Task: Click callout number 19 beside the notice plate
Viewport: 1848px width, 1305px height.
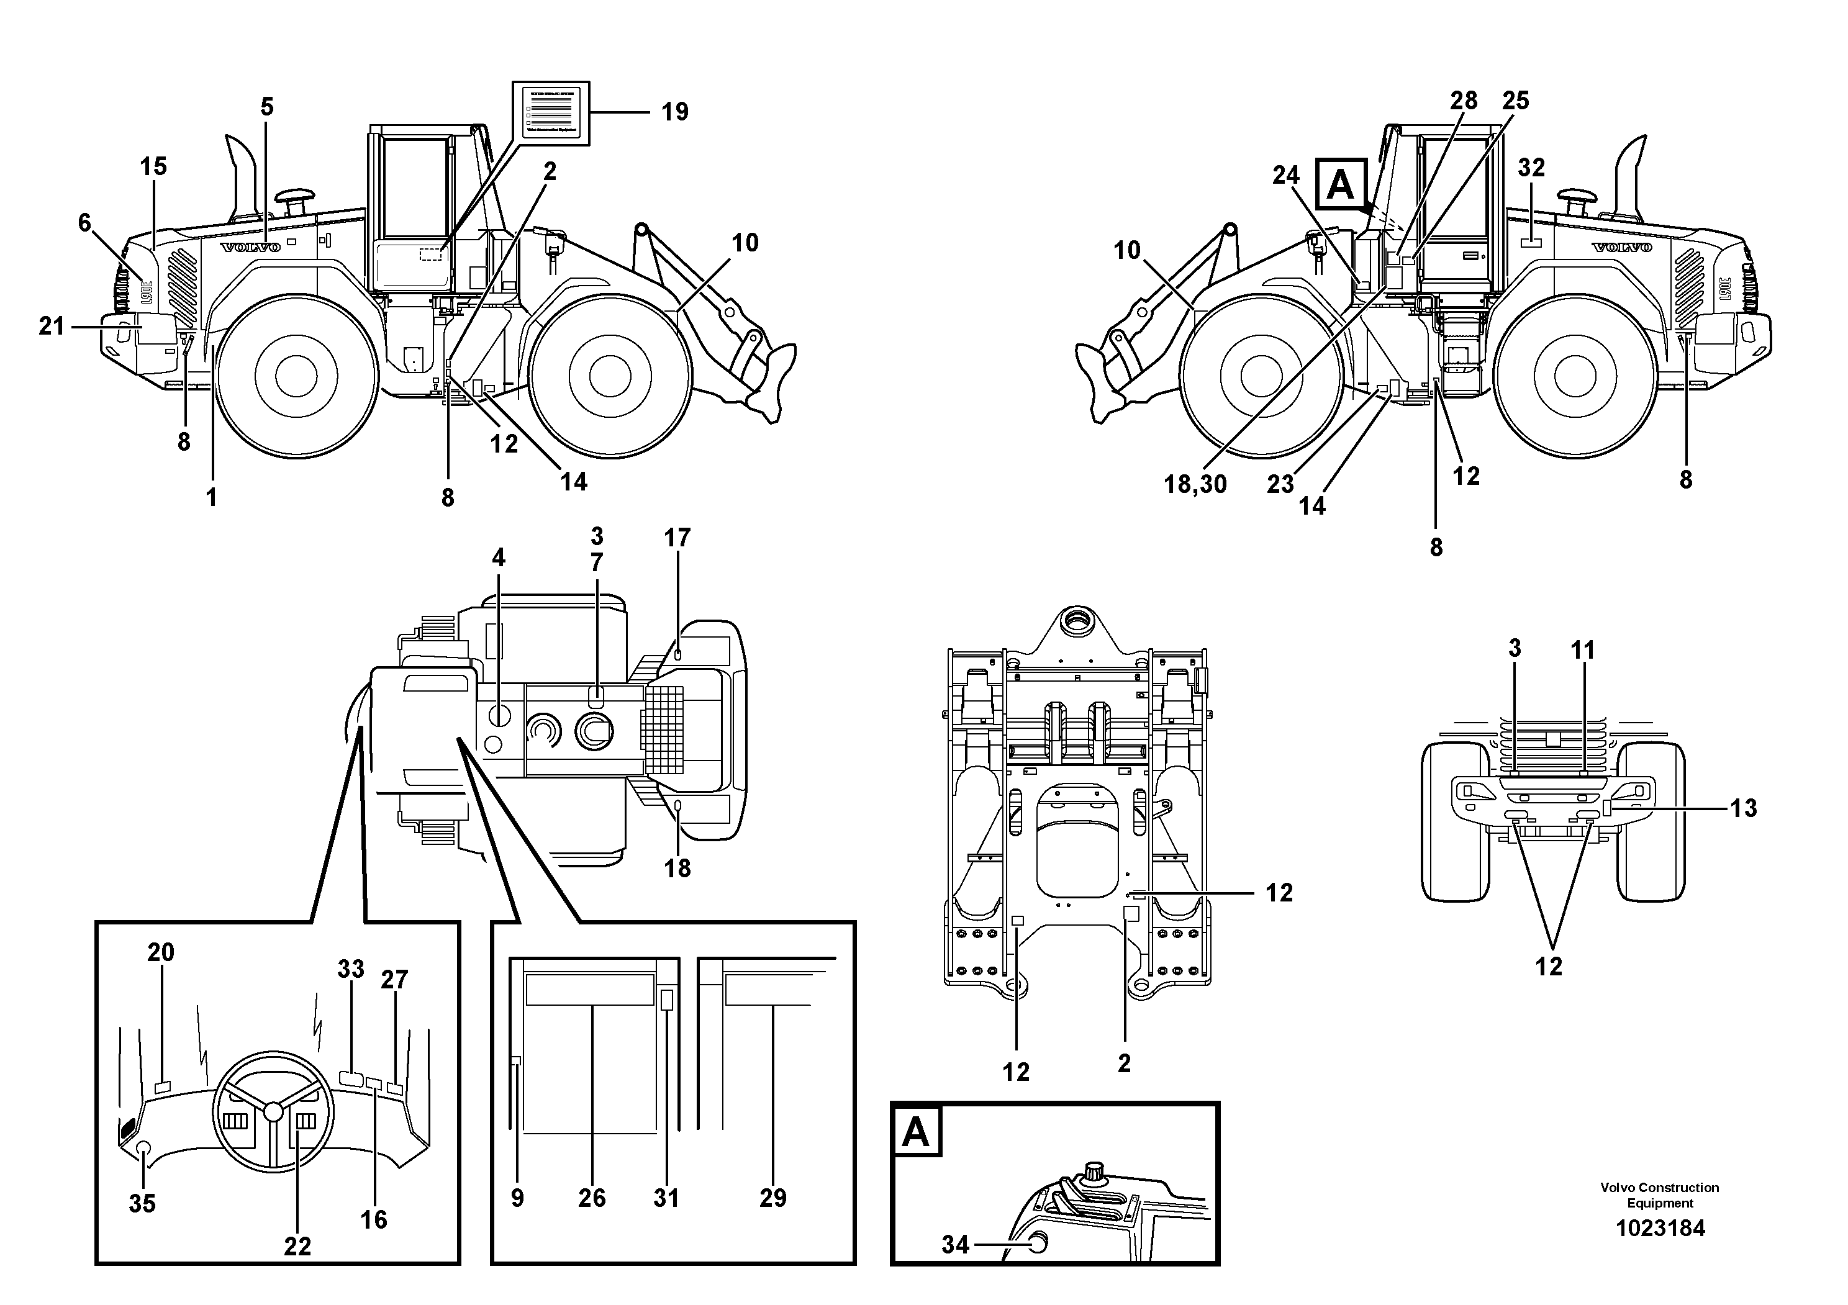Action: point(674,112)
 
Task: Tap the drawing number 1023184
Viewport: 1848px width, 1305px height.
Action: point(1660,1229)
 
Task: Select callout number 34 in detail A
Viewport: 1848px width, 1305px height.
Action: point(956,1245)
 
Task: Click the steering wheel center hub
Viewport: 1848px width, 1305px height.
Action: point(274,1111)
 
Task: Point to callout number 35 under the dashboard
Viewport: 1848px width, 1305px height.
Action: point(142,1204)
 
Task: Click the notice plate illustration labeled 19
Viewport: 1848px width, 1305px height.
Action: point(551,114)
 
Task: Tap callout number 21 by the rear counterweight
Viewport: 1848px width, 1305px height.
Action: point(52,326)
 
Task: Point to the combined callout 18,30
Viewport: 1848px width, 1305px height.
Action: point(1195,484)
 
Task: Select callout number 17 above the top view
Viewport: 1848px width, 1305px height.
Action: point(677,538)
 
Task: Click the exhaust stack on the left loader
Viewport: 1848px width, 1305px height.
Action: point(242,173)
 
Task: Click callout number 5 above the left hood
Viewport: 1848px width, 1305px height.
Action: point(266,107)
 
